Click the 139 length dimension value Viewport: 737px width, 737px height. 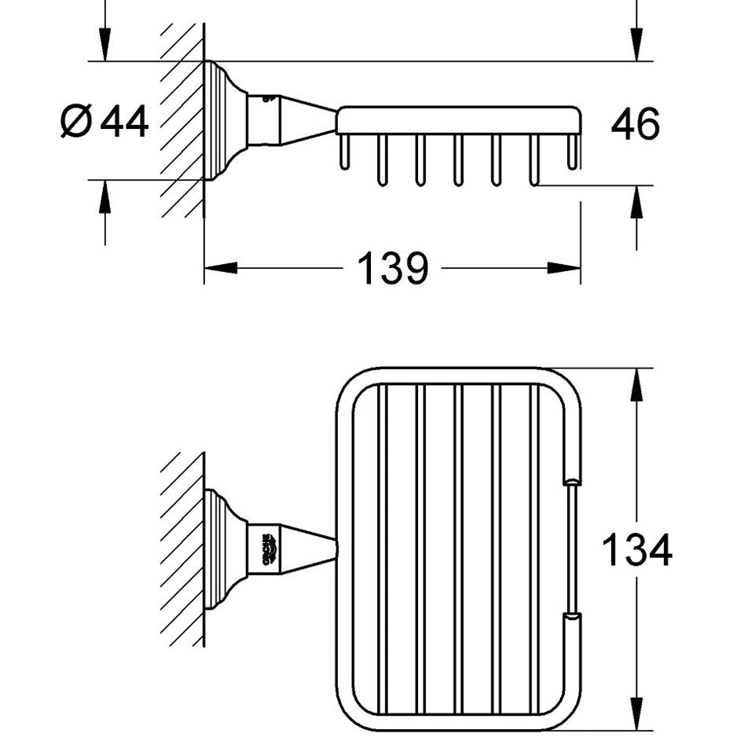[393, 269]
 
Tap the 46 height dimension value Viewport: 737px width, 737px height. [636, 123]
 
